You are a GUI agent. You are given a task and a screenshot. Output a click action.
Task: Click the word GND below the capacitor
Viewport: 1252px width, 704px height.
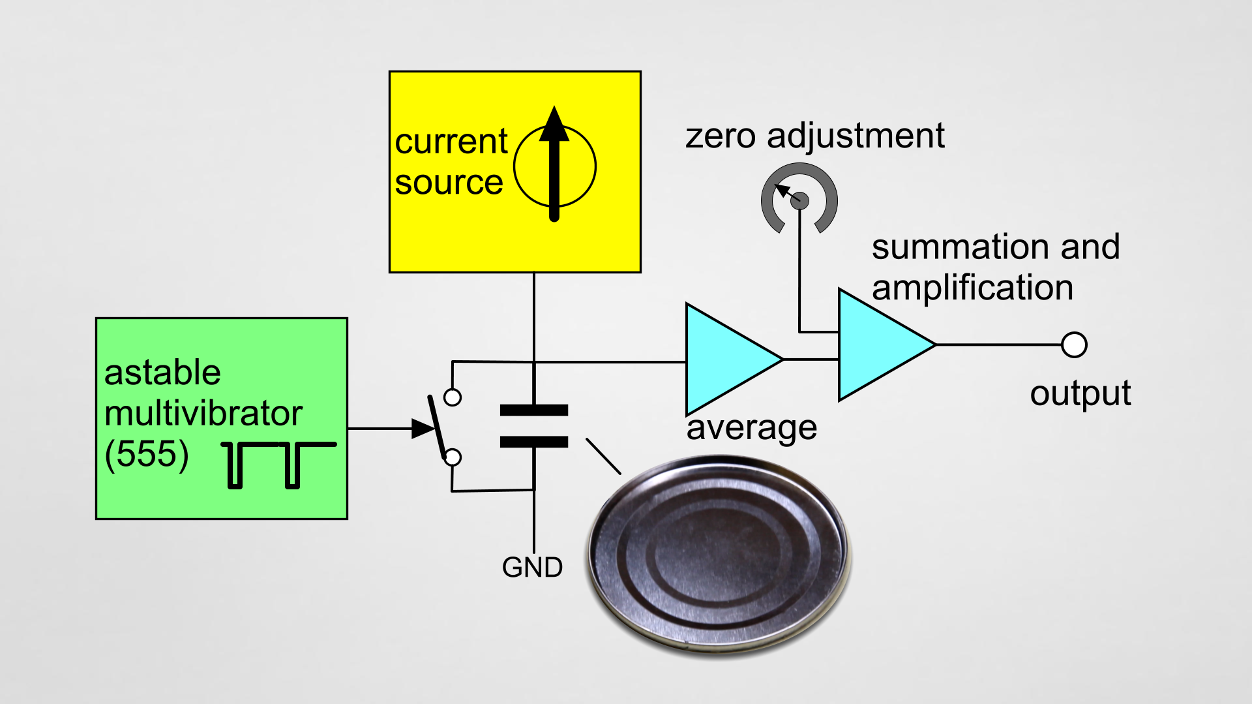click(x=532, y=567)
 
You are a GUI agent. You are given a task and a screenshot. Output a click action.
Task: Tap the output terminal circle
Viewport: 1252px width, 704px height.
click(x=1074, y=344)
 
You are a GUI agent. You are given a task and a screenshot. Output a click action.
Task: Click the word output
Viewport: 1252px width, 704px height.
click(x=1081, y=393)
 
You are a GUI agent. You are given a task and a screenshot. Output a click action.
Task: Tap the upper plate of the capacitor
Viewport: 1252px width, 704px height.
click(x=533, y=410)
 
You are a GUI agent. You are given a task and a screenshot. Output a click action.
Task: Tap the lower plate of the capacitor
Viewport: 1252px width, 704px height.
click(x=533, y=442)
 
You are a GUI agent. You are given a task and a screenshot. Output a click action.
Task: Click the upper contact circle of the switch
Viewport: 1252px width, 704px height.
click(x=453, y=397)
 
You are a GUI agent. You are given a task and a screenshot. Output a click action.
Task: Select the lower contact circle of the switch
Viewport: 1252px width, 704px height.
click(x=453, y=457)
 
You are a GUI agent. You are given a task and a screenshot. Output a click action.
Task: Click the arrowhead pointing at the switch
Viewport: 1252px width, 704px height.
click(x=423, y=429)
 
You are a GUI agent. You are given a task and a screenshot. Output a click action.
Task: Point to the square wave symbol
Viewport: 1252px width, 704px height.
click(x=279, y=464)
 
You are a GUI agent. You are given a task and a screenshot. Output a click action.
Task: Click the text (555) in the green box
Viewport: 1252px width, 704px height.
click(x=147, y=453)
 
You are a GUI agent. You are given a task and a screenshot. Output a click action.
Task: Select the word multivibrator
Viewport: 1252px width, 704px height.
click(x=203, y=413)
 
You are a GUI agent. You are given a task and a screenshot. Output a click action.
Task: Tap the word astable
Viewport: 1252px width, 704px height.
click(x=162, y=373)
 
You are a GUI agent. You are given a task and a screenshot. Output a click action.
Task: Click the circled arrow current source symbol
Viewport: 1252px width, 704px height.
click(x=554, y=166)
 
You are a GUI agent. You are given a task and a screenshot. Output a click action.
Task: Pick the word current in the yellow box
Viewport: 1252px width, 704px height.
click(x=451, y=142)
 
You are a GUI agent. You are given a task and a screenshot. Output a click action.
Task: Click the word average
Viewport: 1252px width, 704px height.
click(x=751, y=428)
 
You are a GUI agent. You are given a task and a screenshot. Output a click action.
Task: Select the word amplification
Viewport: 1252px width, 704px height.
click(x=972, y=288)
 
